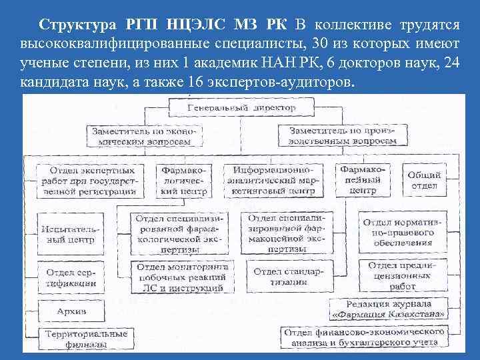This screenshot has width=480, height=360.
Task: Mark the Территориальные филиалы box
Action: pyautogui.click(x=76, y=339)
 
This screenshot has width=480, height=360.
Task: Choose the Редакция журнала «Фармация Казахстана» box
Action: pyautogui.click(x=391, y=311)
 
